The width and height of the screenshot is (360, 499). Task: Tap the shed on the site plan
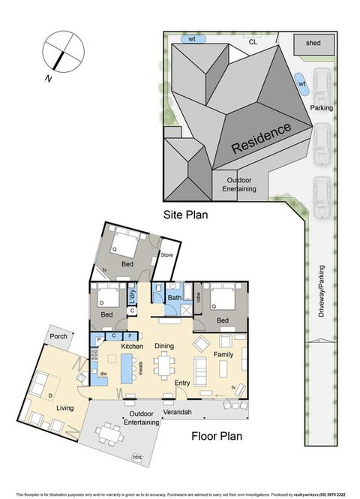pyautogui.click(x=313, y=44)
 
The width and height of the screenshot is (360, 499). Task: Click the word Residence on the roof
pyautogui.click(x=260, y=137)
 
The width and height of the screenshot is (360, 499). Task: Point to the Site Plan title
pyautogui.click(x=185, y=214)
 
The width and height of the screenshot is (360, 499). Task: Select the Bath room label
pyautogui.click(x=174, y=298)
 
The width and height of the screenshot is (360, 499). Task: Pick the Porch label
pyautogui.click(x=58, y=336)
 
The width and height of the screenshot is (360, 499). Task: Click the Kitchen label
pyautogui.click(x=132, y=346)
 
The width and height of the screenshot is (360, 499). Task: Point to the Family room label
pyautogui.click(x=223, y=353)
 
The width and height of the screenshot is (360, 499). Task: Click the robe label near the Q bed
pyautogui.click(x=198, y=298)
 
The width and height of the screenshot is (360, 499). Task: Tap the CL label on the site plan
pyautogui.click(x=253, y=42)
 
